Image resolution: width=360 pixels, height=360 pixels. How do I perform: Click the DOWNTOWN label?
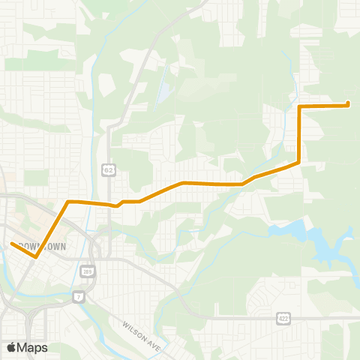click(x=43, y=246)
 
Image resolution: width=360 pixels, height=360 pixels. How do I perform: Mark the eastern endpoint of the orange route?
click(x=349, y=105)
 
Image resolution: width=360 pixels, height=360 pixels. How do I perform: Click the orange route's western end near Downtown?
click(x=12, y=243)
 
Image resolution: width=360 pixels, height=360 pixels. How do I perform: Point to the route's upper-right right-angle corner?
click(x=299, y=107)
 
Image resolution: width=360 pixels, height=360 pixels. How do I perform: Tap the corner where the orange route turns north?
click(x=299, y=162)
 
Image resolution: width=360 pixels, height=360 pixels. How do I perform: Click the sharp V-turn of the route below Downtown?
click(x=36, y=257)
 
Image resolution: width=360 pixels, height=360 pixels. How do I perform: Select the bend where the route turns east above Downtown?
click(x=69, y=202)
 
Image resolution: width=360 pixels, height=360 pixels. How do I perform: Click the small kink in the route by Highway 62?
click(x=117, y=205)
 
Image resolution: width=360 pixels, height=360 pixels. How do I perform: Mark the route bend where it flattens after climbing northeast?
click(x=182, y=182)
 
